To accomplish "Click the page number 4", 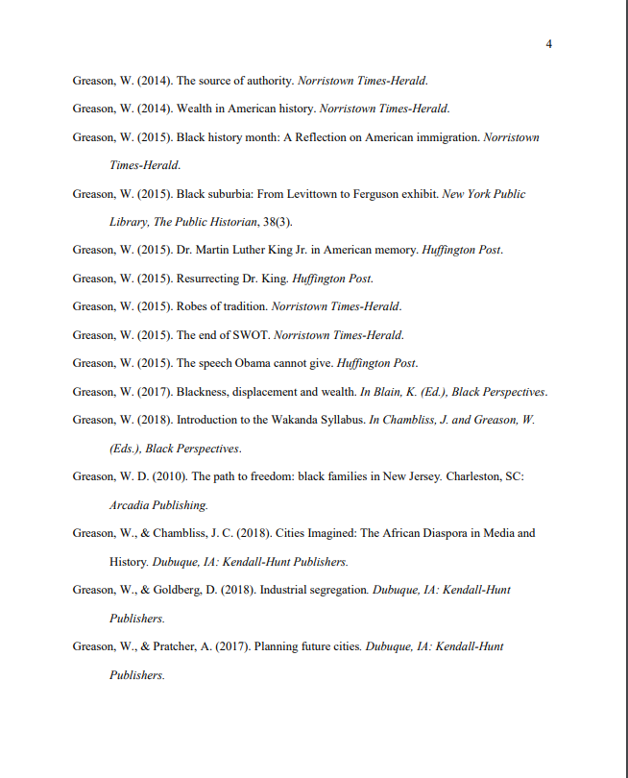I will (x=548, y=44).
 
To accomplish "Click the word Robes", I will (x=192, y=306).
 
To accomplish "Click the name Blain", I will (x=387, y=392).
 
